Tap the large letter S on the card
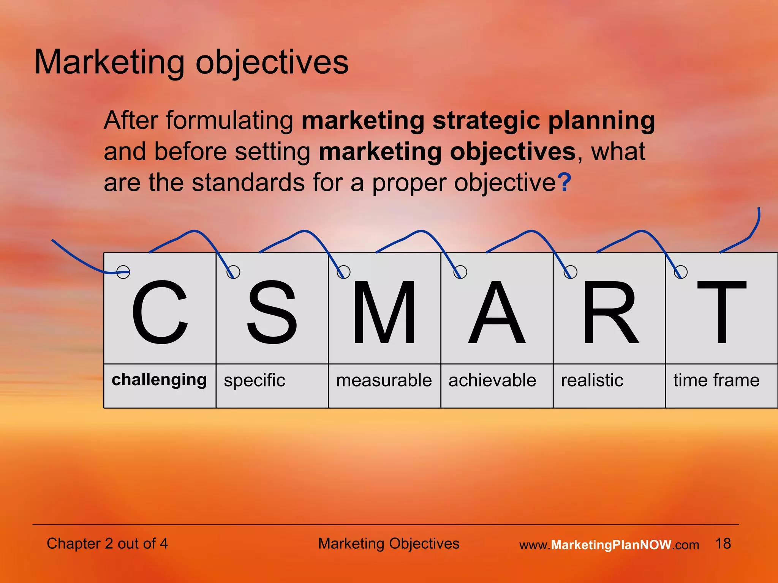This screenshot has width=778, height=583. pyautogui.click(x=272, y=312)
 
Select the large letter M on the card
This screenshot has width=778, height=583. pyautogui.click(x=384, y=312)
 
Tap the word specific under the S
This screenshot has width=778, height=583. pyautogui.click(x=254, y=380)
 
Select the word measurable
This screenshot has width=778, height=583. pyautogui.click(x=384, y=380)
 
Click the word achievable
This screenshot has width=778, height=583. pyautogui.click(x=492, y=380)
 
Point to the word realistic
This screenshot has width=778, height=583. pyautogui.click(x=592, y=380)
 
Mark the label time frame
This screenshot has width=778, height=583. pyautogui.click(x=716, y=380)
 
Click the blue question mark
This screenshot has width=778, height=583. pyautogui.click(x=565, y=183)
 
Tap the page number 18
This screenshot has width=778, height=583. pyautogui.click(x=723, y=544)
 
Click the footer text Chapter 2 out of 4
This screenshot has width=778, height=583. pyautogui.click(x=107, y=544)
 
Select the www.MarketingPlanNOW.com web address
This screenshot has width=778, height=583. pyautogui.click(x=609, y=545)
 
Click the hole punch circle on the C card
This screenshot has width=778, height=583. pyautogui.click(x=123, y=272)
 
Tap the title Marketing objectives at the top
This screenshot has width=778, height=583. pyautogui.click(x=191, y=62)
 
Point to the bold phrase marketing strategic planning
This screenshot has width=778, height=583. pyautogui.click(x=478, y=121)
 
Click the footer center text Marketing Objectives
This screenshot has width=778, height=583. pyautogui.click(x=389, y=544)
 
